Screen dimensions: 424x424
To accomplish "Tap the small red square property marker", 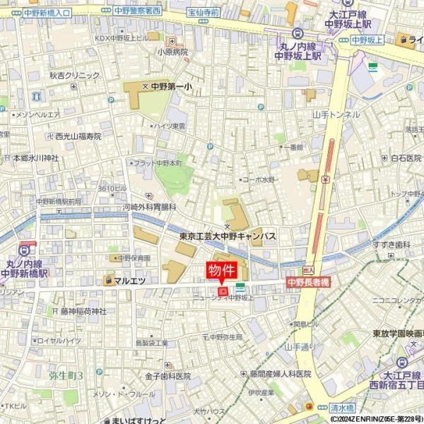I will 223,290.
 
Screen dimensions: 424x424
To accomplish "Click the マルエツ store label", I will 129,281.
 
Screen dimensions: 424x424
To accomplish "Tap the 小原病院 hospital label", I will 173,52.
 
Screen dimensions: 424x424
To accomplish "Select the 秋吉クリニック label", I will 74,76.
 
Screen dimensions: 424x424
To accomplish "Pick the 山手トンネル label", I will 336,114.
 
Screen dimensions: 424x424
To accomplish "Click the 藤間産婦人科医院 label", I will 280,374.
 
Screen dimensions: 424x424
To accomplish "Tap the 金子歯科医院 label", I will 168,376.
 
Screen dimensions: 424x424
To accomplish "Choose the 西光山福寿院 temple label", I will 78,136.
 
